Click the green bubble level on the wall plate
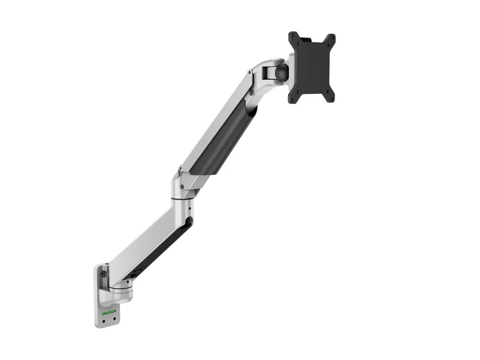[109, 312]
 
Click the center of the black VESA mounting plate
[312, 67]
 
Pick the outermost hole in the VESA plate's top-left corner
[293, 36]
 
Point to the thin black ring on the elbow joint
[182, 199]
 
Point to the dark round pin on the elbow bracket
[181, 185]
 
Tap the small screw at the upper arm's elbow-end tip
[180, 169]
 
